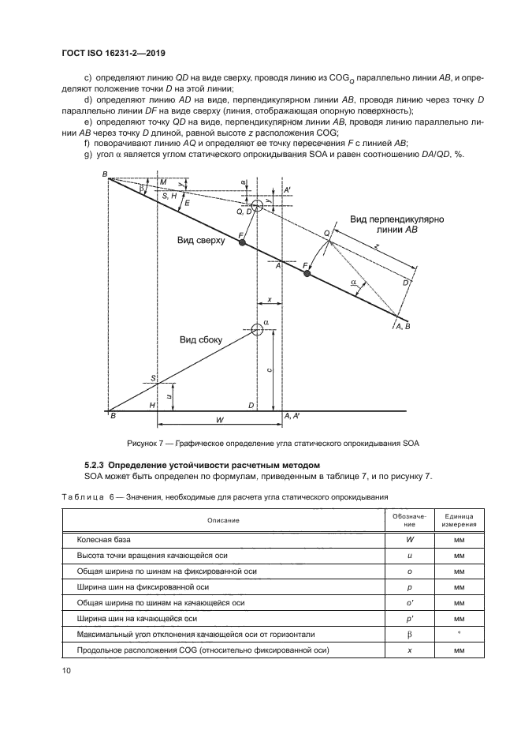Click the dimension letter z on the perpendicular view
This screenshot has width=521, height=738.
coord(376,246)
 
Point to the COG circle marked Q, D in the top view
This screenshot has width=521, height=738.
coord(258,205)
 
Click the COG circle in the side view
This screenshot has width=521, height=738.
coord(258,331)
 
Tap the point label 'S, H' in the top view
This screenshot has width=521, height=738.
coord(169,195)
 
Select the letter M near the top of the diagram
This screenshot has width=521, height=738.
coord(163,182)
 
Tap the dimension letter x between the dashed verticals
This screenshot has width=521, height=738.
coord(270,299)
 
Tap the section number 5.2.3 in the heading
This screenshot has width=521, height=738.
coord(98,466)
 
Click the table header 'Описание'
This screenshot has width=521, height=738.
coord(223,520)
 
